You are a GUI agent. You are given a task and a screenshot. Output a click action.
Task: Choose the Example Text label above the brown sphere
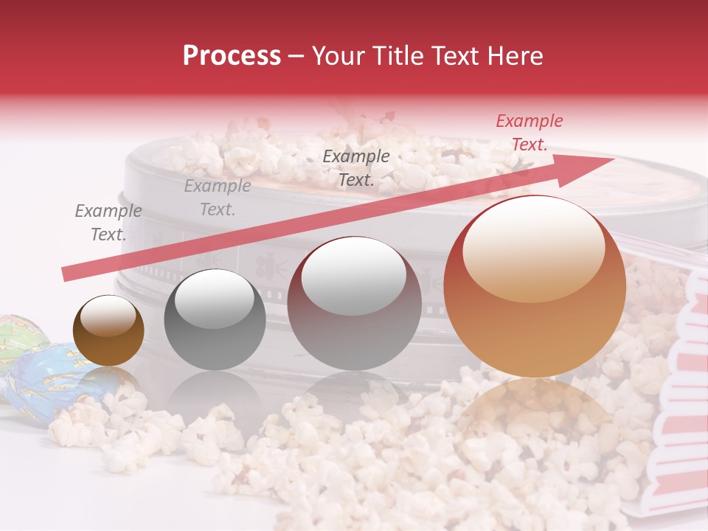tap(108, 223)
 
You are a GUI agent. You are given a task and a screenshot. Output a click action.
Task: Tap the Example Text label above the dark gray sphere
tap(218, 198)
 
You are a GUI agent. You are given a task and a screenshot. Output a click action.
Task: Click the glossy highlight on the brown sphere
tap(108, 317)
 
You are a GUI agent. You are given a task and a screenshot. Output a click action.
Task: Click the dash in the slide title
tap(296, 58)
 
